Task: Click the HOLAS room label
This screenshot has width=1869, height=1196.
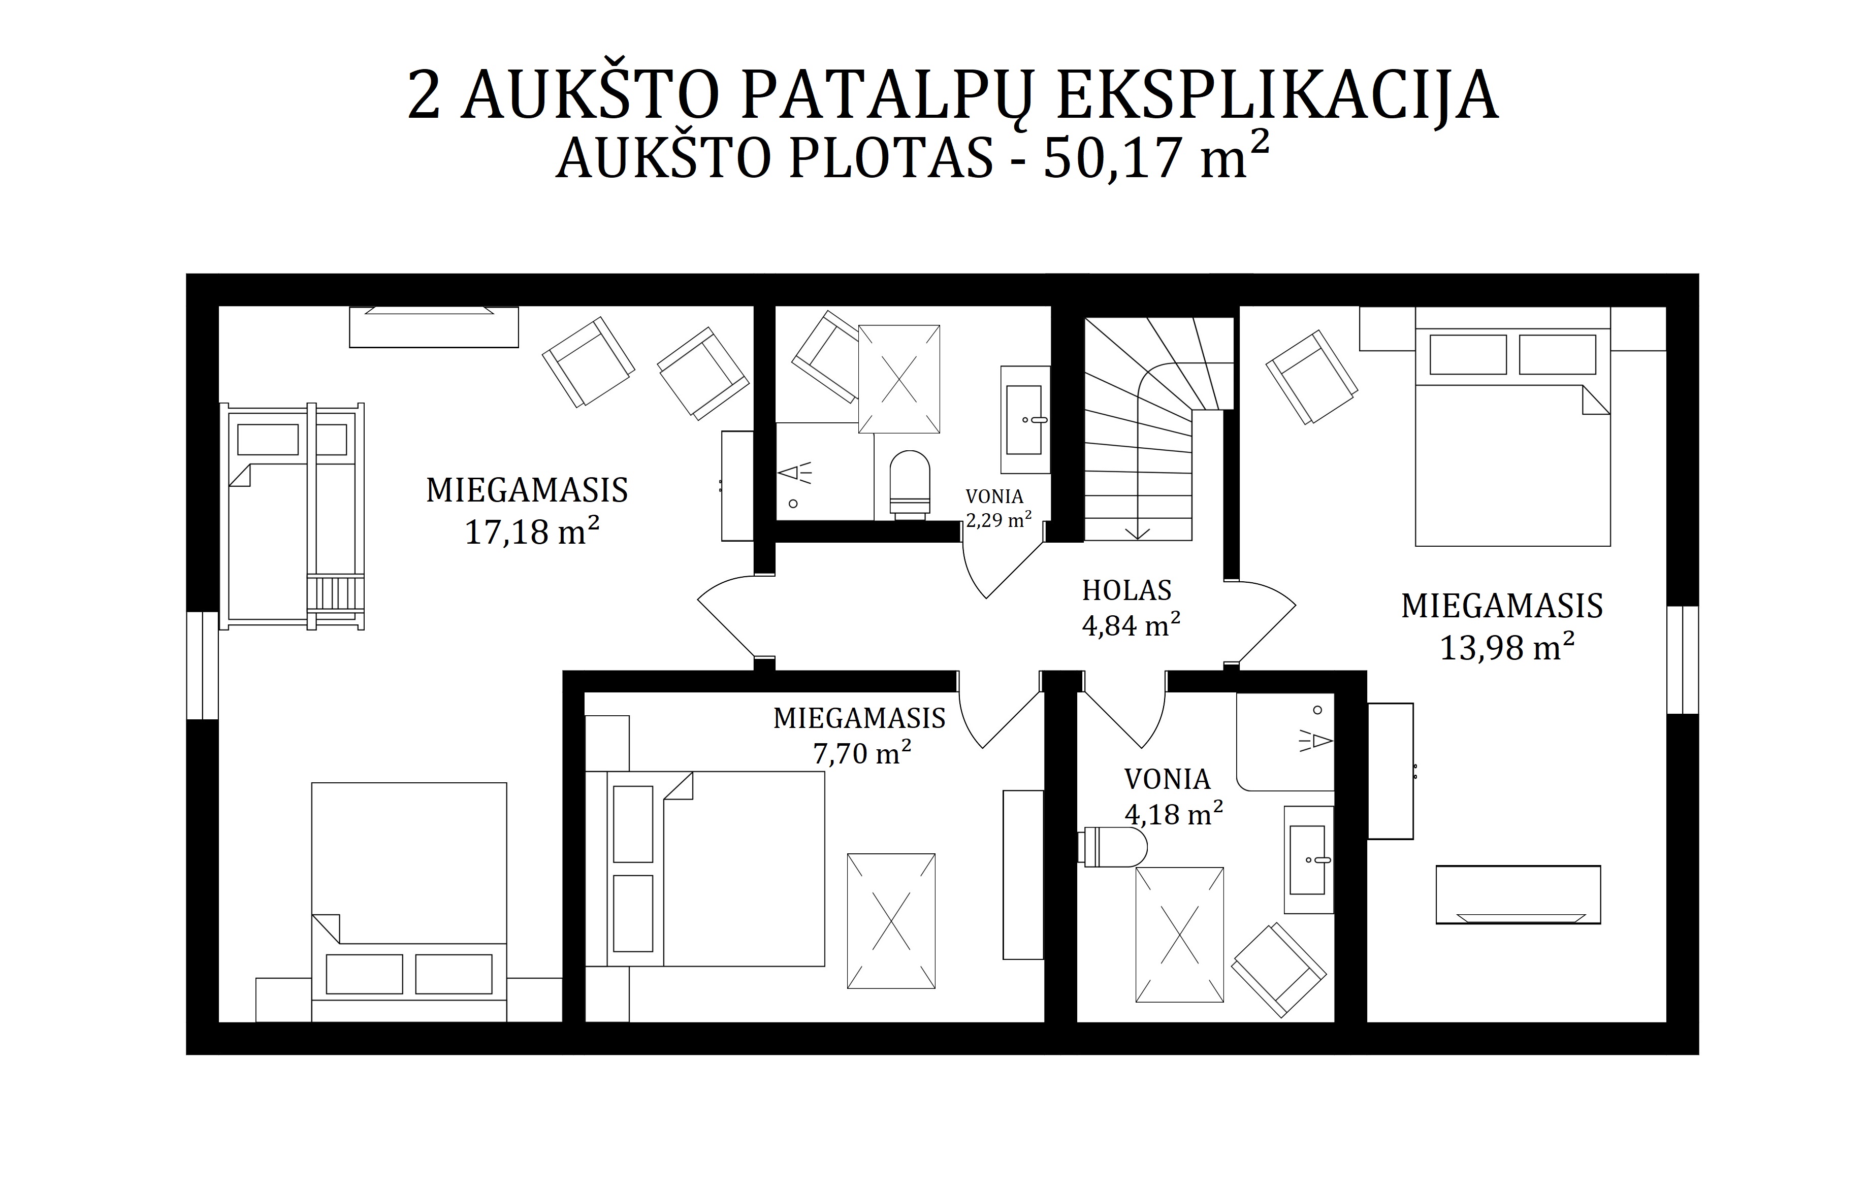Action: [1126, 590]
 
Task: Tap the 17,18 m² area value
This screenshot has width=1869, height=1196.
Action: [532, 532]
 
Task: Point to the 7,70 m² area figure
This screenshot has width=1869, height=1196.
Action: [862, 752]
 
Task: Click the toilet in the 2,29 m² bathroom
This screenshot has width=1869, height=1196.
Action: [910, 485]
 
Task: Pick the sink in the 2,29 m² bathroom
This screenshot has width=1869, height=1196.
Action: [1024, 419]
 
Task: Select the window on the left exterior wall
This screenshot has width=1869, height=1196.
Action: [203, 665]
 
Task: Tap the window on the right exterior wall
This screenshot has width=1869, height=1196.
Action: [1683, 659]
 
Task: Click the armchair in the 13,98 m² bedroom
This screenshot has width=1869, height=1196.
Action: [1312, 377]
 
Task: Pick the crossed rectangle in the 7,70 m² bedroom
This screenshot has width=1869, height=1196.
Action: [891, 921]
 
